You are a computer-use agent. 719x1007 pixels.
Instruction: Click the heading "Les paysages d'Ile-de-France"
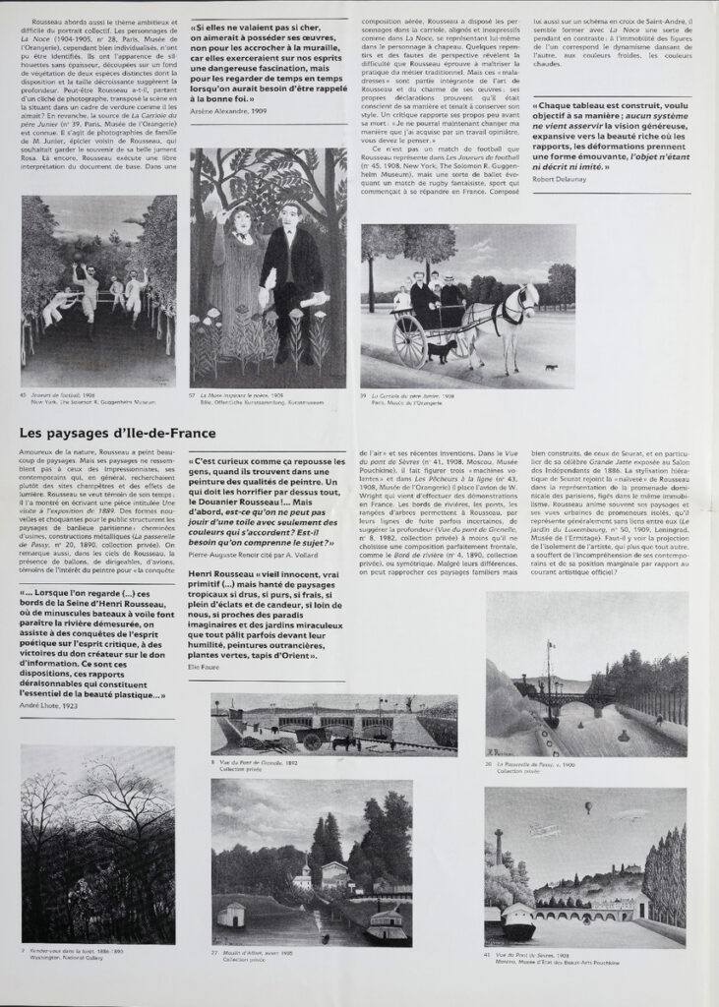[x=117, y=433]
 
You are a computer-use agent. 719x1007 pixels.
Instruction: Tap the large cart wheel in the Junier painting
[x=409, y=340]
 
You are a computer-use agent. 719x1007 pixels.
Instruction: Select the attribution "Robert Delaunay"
[x=559, y=180]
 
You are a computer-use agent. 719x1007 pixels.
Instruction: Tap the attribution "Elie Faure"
[x=201, y=666]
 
